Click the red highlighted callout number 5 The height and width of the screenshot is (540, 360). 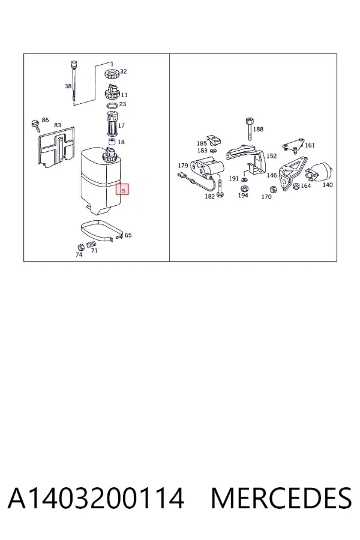point(122,189)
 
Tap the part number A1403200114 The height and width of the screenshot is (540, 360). point(96,498)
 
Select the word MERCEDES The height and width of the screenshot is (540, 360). point(281,498)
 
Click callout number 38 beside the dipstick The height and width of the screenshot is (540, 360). point(68,86)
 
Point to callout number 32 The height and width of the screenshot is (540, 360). point(124,71)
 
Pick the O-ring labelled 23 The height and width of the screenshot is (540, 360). point(112,106)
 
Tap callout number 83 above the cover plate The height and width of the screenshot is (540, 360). point(58,125)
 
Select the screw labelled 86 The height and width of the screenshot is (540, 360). point(35,125)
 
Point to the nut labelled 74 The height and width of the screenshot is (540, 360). point(80,247)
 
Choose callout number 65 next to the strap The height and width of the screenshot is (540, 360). point(128,235)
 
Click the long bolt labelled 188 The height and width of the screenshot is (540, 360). point(250,129)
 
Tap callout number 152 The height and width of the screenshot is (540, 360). point(271,155)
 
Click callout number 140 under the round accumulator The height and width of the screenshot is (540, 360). point(327,185)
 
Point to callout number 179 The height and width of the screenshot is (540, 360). point(183,166)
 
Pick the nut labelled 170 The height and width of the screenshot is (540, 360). point(273,190)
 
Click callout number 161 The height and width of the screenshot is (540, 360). point(310,145)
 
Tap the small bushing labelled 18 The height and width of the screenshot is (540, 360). point(112,142)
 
